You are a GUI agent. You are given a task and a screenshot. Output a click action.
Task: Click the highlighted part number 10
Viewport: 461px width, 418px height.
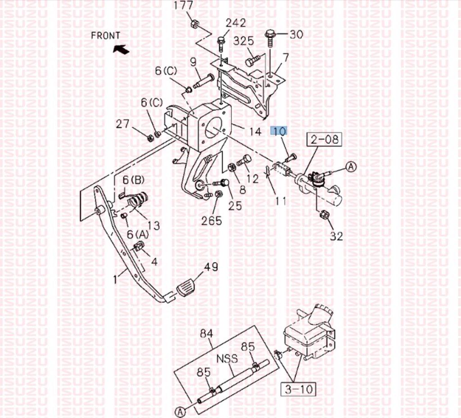pyautogui.click(x=279, y=130)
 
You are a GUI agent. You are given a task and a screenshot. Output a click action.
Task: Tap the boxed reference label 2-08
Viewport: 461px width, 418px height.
pyautogui.click(x=324, y=139)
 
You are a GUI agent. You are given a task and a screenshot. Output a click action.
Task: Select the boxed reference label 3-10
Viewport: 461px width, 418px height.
pyautogui.click(x=298, y=389)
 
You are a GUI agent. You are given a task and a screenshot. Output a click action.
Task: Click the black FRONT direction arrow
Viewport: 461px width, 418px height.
pyautogui.click(x=121, y=49)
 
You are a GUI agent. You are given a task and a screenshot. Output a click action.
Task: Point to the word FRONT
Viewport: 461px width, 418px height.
pyautogui.click(x=105, y=36)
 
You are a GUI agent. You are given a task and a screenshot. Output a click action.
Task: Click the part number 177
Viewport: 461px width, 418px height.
pyautogui.click(x=184, y=5)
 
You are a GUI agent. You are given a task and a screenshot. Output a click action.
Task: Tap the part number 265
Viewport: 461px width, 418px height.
pyautogui.click(x=212, y=221)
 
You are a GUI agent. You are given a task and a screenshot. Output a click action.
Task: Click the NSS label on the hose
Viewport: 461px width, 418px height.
pyautogui.click(x=227, y=359)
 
